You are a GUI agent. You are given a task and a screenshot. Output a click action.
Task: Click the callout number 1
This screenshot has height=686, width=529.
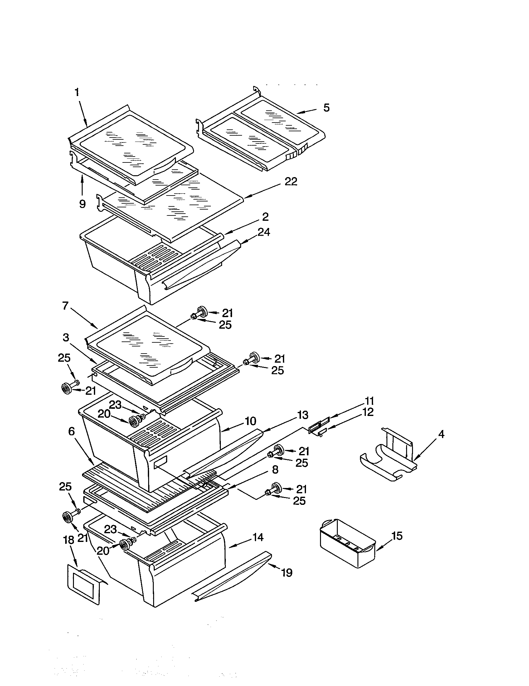coord(77,92)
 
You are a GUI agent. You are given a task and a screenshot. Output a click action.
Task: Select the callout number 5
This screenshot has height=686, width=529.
coord(327,108)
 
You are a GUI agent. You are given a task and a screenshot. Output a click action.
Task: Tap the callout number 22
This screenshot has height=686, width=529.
coord(291,181)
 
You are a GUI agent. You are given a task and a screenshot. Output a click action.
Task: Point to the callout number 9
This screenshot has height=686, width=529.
coord(82,204)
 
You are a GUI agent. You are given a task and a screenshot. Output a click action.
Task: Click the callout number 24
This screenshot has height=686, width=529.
coord(264,232)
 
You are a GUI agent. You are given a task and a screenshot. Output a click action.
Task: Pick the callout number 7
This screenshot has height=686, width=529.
coord(65,306)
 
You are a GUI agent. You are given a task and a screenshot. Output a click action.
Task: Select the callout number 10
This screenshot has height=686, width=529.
coord(250,421)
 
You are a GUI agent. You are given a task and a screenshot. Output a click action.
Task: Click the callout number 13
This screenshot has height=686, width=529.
coord(303,415)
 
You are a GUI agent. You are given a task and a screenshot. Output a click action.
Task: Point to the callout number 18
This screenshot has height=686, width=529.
coord(69,540)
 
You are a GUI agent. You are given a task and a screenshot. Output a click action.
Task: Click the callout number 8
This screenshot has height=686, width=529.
coord(275,478)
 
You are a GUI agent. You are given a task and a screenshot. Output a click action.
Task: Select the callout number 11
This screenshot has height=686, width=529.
coord(369,401)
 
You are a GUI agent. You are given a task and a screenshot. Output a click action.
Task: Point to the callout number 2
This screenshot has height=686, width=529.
coord(265,217)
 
